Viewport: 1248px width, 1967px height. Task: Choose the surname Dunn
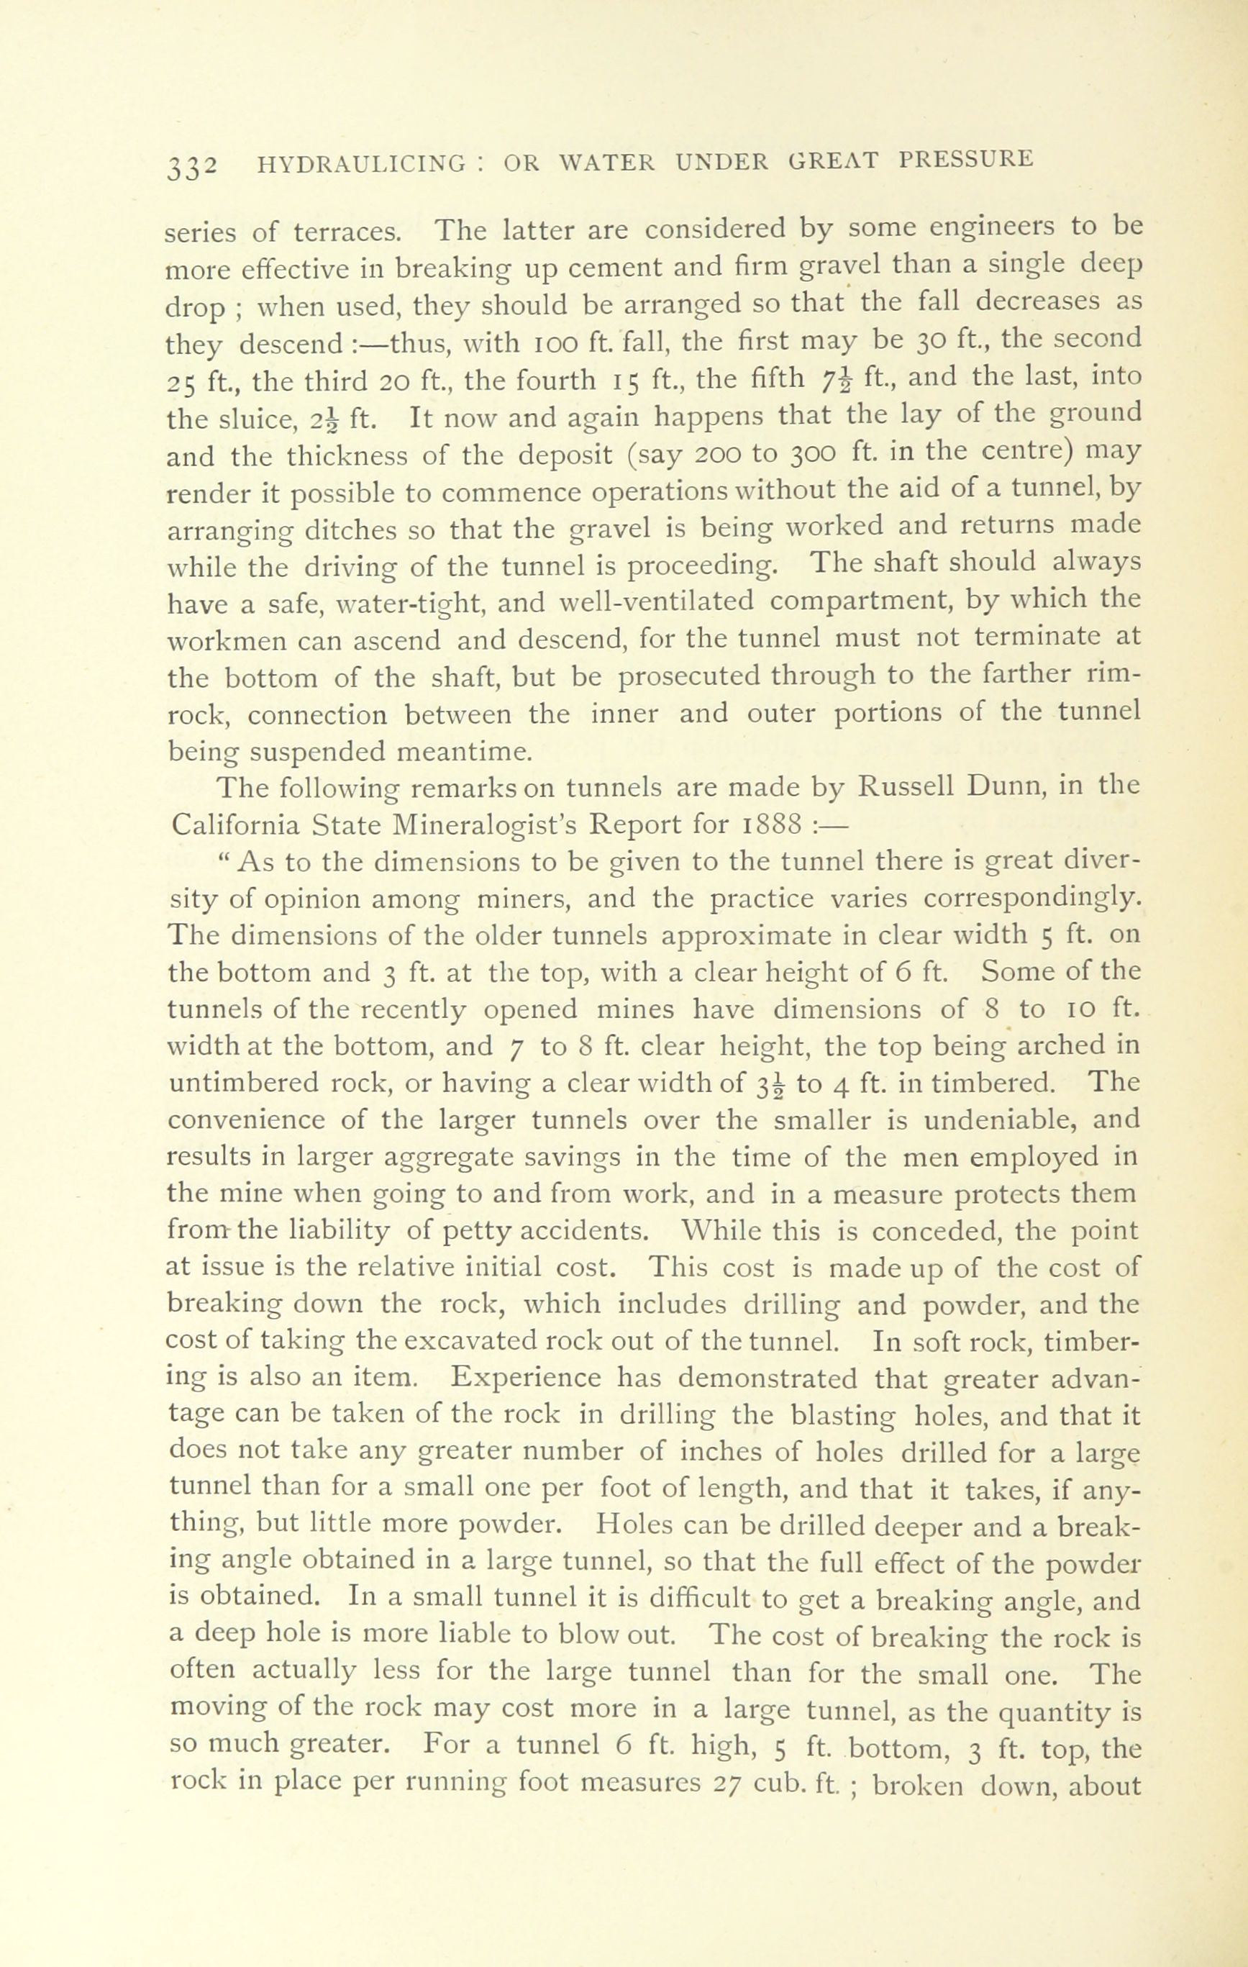pyautogui.click(x=1011, y=788)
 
